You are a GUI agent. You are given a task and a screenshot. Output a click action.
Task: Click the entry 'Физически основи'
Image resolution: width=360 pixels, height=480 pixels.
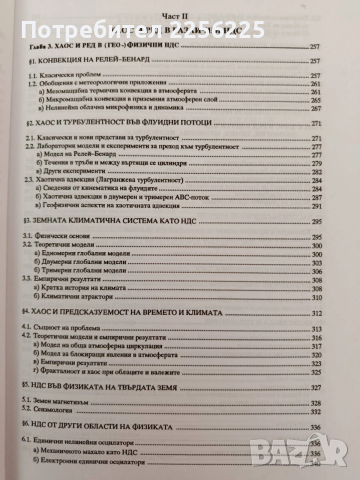click(x=61, y=263)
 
